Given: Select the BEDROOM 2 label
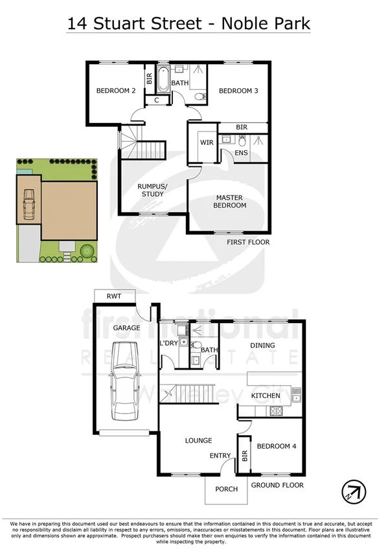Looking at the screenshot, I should coord(116,91).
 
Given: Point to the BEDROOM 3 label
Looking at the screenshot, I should coord(238,91).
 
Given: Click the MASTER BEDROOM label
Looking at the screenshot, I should coord(231,201).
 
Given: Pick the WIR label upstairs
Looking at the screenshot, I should coord(207,142).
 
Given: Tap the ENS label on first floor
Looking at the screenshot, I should coord(241,153).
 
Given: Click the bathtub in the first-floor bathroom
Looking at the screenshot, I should coord(163,80).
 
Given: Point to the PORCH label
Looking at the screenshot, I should coord(227,489).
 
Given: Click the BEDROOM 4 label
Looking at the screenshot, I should coord(277,446).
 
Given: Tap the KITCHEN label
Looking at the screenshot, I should coord(266,395).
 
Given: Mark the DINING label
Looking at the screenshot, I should coord(262,346).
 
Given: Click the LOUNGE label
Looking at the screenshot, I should coord(198,441).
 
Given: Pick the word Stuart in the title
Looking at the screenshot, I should coord(135,25).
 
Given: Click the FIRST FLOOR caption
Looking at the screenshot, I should coord(248,242).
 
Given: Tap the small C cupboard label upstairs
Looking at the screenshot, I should coord(157,100).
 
